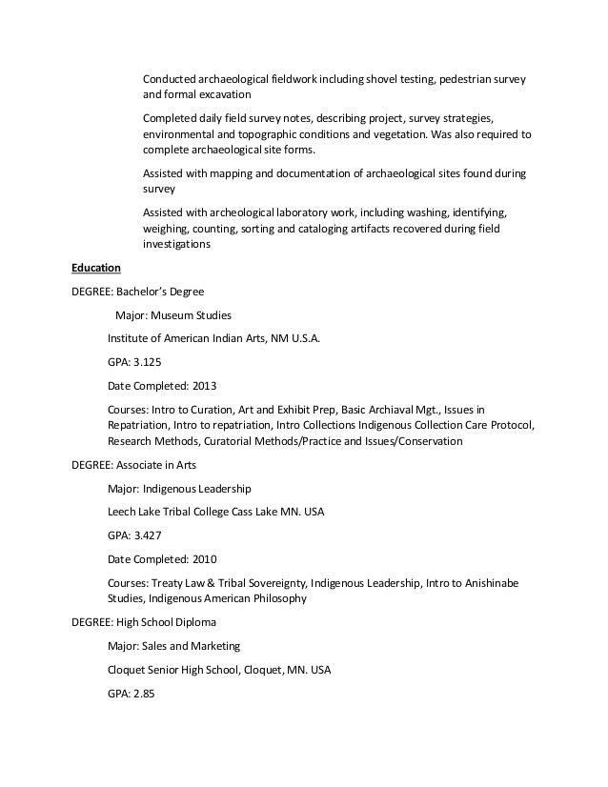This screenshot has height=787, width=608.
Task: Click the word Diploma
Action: point(193,622)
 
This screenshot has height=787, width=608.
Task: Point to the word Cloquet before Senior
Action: point(129,670)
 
